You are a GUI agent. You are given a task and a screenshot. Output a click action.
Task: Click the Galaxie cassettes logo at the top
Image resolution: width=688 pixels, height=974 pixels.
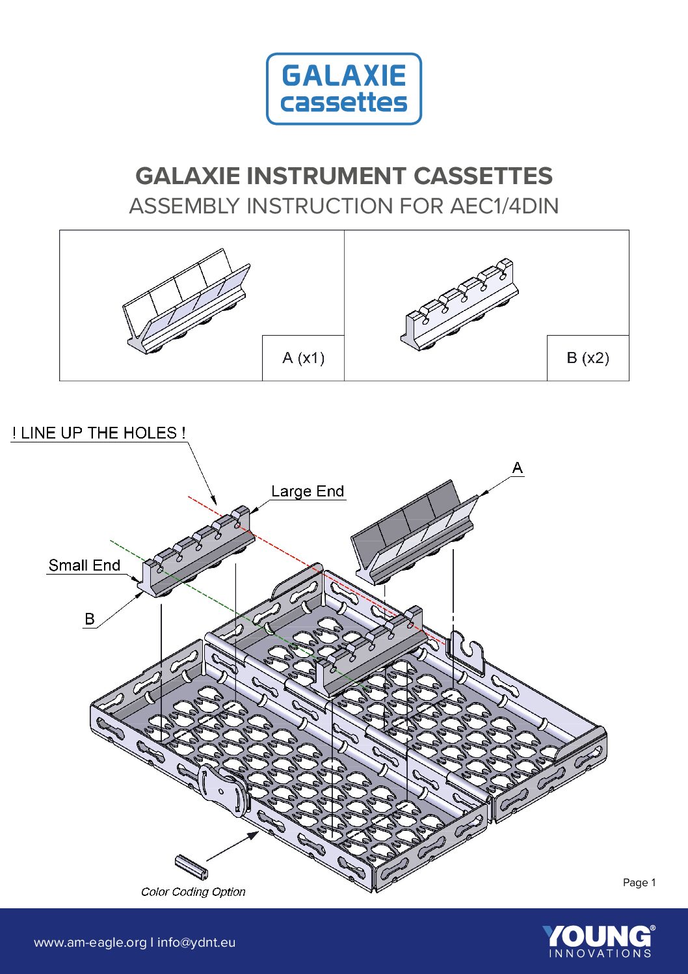click(x=344, y=89)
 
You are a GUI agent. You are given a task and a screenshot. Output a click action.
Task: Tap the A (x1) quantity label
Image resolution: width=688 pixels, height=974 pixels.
click(x=303, y=358)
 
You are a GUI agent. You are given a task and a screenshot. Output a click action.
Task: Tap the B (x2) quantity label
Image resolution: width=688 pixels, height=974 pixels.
click(x=588, y=358)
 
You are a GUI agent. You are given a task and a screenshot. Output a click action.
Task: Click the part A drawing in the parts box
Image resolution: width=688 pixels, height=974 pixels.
click(x=187, y=303)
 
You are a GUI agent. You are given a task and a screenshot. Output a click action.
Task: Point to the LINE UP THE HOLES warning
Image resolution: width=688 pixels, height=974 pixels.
click(x=99, y=433)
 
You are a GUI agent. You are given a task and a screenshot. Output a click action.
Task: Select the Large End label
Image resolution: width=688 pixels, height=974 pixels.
click(x=308, y=492)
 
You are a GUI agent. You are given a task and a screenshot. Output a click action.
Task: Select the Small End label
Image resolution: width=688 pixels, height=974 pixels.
click(x=85, y=565)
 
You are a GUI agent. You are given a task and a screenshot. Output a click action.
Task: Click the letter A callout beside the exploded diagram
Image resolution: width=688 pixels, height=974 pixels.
click(x=518, y=468)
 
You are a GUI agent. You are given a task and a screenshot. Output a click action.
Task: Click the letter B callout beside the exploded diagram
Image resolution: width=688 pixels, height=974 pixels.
click(x=90, y=619)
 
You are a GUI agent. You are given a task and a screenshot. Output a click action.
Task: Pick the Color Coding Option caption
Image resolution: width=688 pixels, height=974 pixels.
click(x=193, y=892)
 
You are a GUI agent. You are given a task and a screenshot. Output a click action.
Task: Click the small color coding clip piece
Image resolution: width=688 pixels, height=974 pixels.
click(x=191, y=866)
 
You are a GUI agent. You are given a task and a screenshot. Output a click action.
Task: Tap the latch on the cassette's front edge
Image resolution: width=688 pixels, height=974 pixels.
click(x=223, y=790)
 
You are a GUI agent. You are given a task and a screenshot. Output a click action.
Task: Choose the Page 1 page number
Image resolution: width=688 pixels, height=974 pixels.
click(x=639, y=883)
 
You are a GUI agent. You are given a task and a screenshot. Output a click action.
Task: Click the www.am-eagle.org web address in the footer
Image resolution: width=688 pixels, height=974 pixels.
click(x=90, y=943)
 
